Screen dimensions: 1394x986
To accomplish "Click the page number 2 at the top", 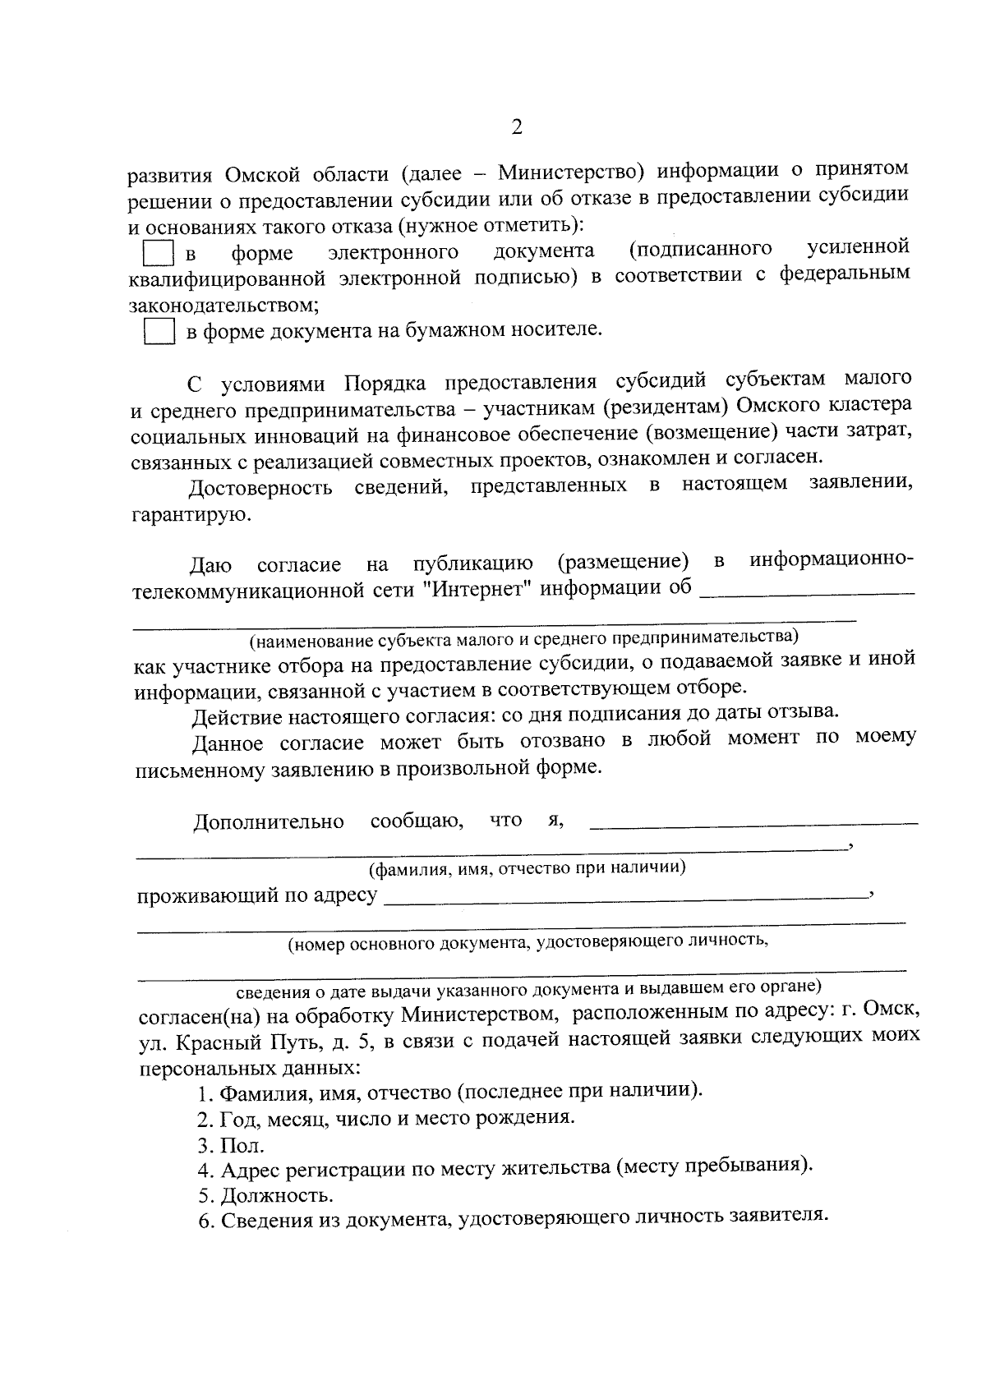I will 516,127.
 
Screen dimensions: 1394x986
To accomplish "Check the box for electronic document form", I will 159,253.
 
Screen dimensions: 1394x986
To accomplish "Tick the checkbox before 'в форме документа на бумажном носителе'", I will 159,332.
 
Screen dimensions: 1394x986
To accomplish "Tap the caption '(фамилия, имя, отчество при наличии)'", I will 527,868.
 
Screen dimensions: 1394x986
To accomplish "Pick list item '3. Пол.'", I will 231,1145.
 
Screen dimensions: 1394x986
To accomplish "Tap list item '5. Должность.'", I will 265,1195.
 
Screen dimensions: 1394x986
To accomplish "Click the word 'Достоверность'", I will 260,489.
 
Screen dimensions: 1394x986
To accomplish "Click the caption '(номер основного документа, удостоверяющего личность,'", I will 527,943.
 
